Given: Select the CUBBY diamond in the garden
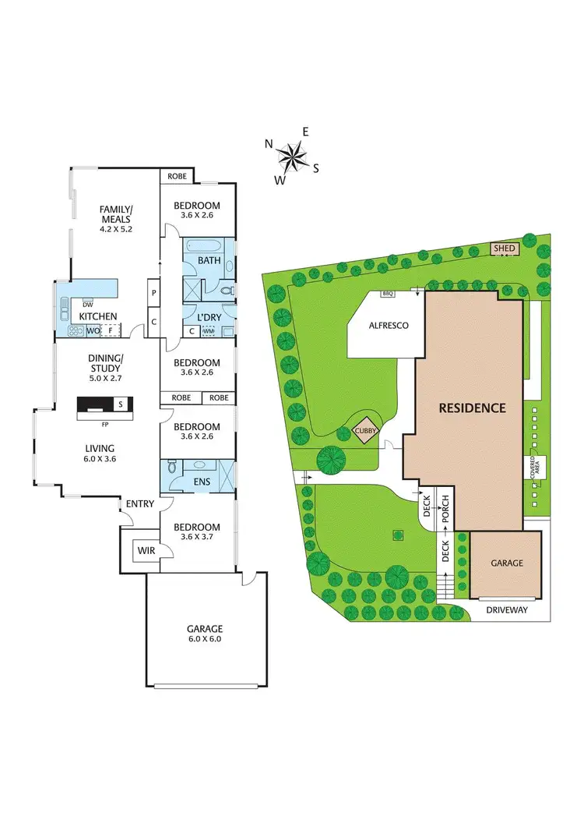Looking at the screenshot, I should tap(363, 430).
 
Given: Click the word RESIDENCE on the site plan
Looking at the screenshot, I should tap(472, 408).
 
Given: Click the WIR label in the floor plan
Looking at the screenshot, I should tap(146, 550).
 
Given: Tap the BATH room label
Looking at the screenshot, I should tap(209, 259).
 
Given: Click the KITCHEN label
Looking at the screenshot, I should tap(97, 316).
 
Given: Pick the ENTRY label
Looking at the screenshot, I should tap(139, 504).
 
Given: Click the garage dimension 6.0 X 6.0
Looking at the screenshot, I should tap(204, 639).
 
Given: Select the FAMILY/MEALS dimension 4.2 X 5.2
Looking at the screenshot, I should tap(116, 230).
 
